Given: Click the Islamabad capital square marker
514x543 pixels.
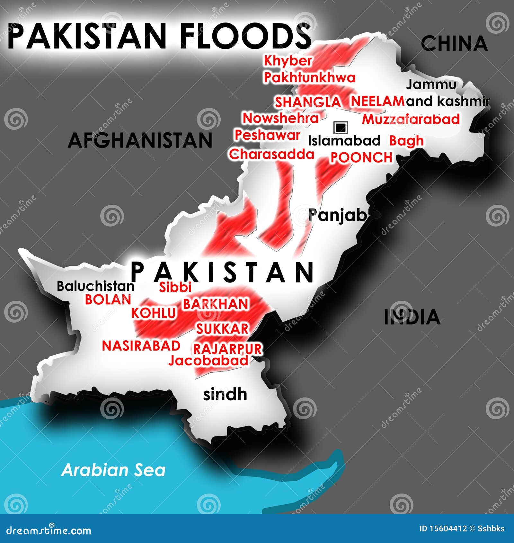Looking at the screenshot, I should pos(341,128).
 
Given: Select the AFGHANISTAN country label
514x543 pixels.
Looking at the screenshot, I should pos(140,140).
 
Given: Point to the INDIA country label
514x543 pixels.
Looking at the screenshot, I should pos(412,317).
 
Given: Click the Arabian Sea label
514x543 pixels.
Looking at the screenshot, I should pos(113,470).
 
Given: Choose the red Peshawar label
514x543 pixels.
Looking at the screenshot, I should pos(267,135).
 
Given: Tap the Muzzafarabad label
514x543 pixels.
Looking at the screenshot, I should pos(411,119).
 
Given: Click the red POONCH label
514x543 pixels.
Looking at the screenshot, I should pos(361,157).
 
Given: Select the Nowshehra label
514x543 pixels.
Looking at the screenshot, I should pos(280,118).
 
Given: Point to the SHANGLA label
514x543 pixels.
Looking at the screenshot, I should pos(307,102).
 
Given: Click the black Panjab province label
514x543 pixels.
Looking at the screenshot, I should pos(337,215).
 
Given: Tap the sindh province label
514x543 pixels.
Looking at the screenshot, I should pos(225,394).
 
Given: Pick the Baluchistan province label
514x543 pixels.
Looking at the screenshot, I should pos(95,286).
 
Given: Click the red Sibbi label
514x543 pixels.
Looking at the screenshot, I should pos(175,287).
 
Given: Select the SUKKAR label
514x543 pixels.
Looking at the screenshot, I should pos(222,329).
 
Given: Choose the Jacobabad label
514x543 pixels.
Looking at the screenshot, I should pos(208,361).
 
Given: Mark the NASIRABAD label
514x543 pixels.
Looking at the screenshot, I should pos(141,346).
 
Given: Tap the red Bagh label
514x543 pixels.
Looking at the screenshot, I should pos(406,141).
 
